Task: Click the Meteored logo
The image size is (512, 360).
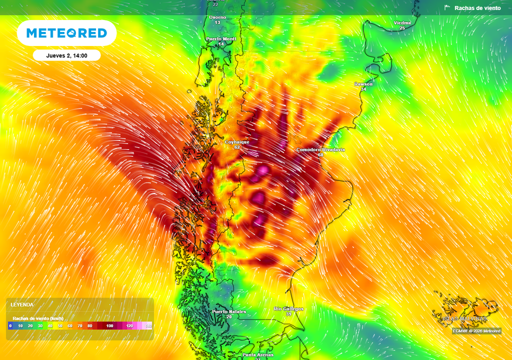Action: pos(66,33)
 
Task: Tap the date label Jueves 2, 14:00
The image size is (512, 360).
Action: pos(66,55)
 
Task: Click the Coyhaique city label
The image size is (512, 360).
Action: pos(237,142)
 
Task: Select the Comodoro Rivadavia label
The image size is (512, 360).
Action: pos(320,149)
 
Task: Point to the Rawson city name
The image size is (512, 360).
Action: pos(363,84)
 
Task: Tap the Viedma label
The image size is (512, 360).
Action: pos(402,23)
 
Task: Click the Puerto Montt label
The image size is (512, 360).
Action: pos(221,38)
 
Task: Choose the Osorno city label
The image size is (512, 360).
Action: pos(217,17)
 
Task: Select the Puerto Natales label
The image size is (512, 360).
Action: pos(229,311)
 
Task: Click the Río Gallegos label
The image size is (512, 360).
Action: pos(288,309)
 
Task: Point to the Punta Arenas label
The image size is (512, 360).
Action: pos(258,354)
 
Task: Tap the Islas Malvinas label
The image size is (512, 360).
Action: pos(464,318)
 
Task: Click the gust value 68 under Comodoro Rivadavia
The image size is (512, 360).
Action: pos(320,155)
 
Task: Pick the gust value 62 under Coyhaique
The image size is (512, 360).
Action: pos(237,147)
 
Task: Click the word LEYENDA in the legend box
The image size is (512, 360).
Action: pos(23,304)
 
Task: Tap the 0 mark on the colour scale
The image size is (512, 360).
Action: pos(10,326)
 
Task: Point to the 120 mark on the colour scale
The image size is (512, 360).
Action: pos(129,326)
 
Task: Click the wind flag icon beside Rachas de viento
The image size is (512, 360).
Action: pos(447,8)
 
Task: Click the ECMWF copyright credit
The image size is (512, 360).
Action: pos(476,331)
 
